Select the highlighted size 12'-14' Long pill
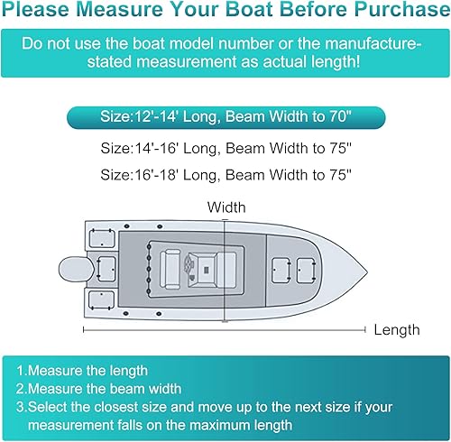pos(226,117)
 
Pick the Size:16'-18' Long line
pos(226,174)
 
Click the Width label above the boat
pos(225,207)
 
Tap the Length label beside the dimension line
pos(397,331)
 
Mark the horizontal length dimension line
pos(225,330)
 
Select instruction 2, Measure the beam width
pos(104,388)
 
